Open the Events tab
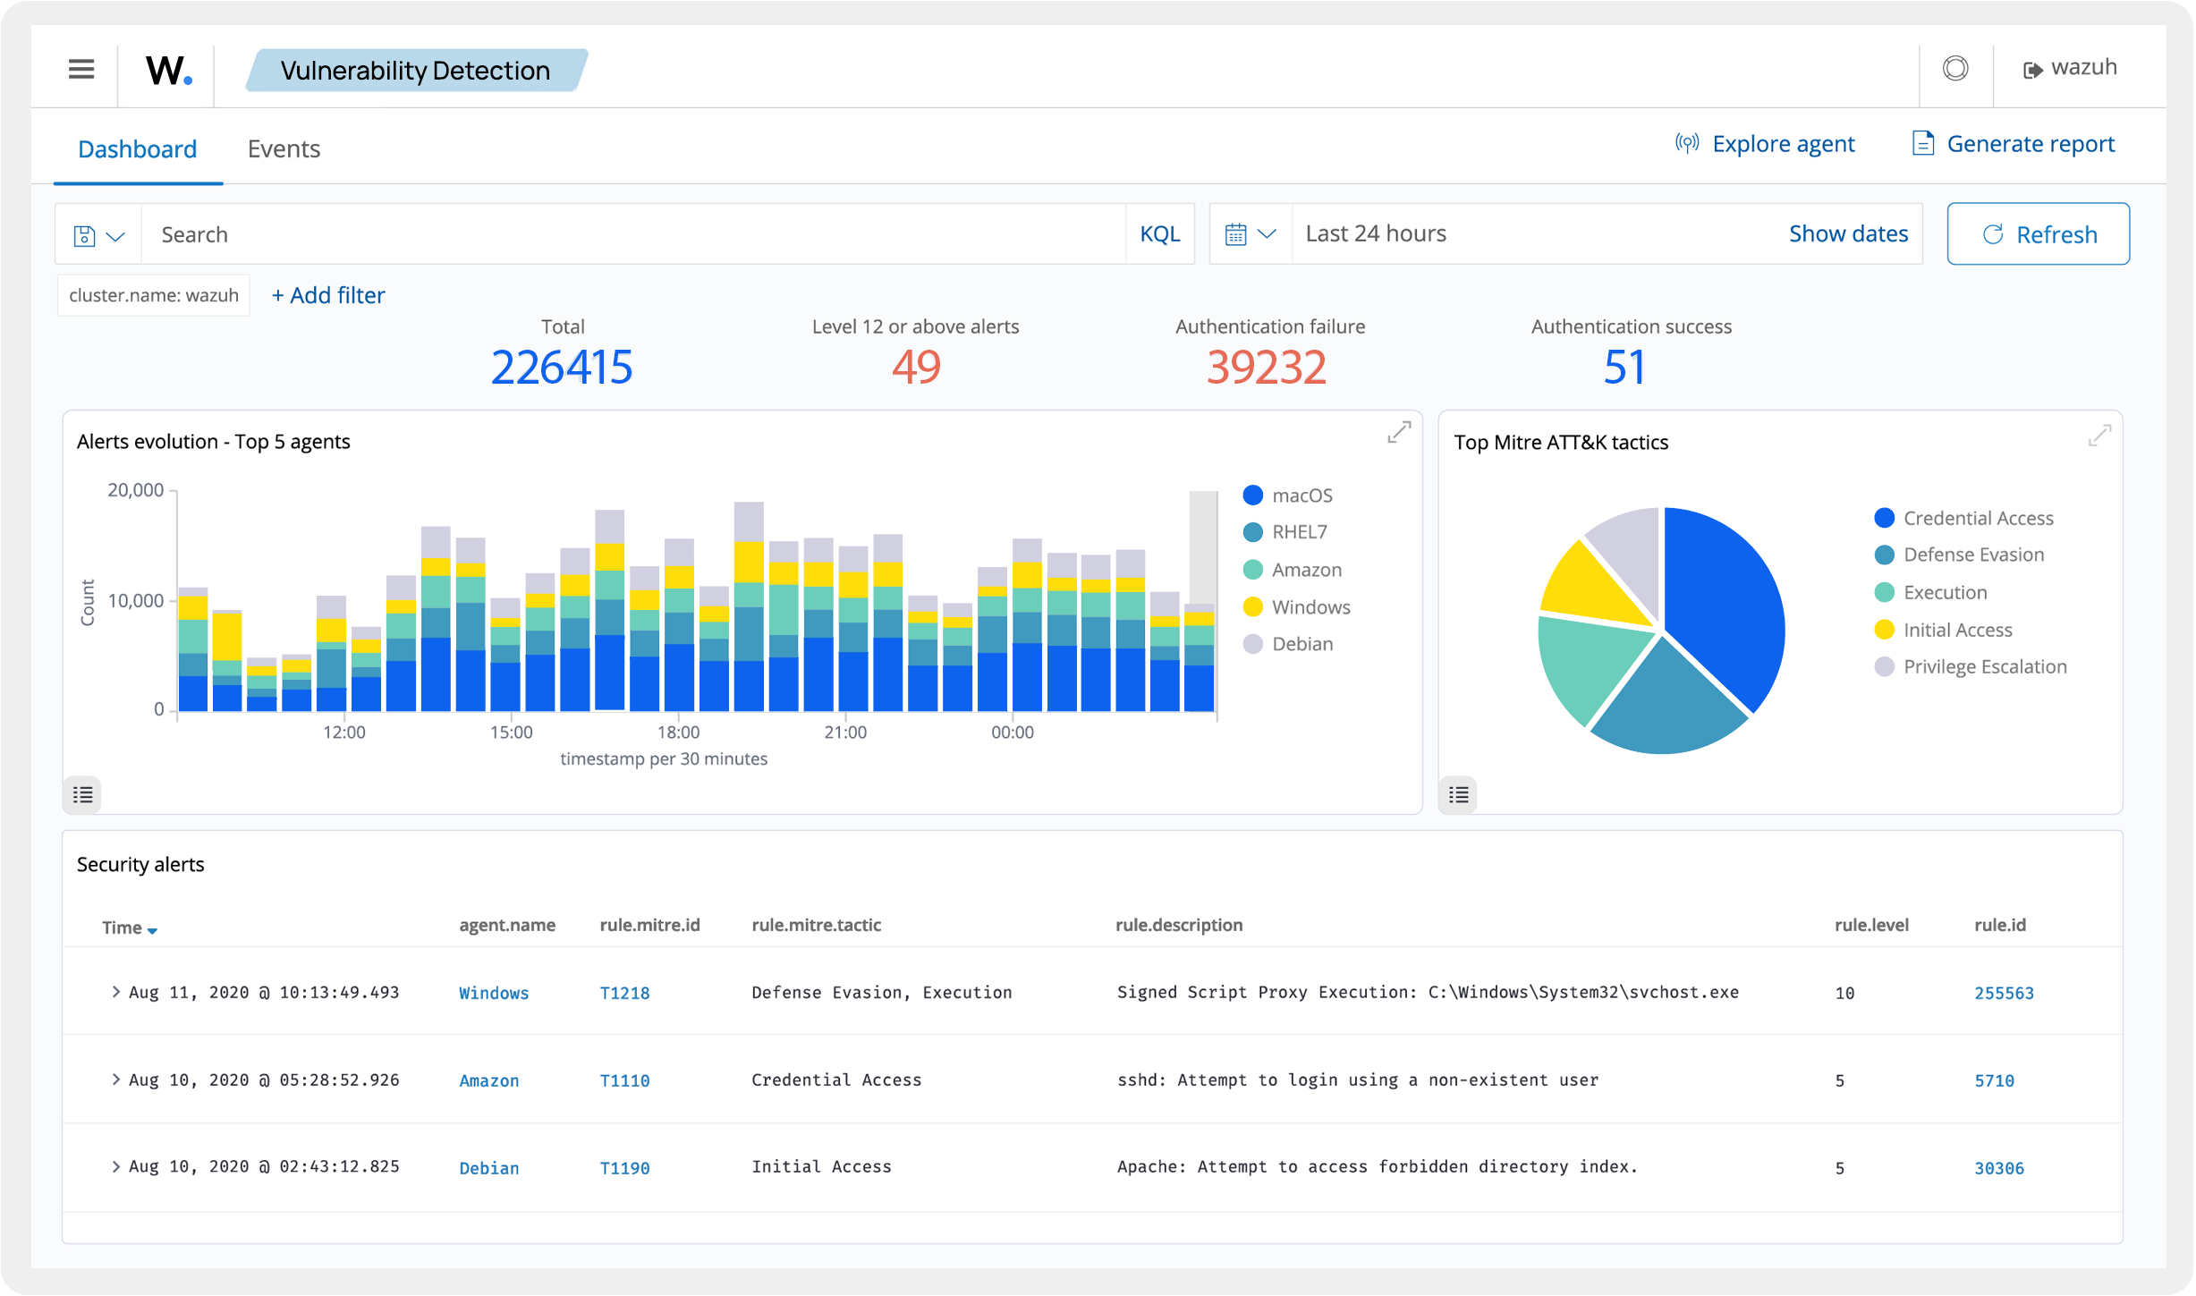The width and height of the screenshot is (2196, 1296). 284,148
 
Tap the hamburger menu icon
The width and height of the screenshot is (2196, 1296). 81,69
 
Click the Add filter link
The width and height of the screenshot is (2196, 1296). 328,295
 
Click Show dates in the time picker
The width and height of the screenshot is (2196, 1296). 1848,233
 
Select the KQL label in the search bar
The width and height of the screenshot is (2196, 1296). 1159,234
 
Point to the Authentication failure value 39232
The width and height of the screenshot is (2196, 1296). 1266,368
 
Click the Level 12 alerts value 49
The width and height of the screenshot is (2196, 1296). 916,368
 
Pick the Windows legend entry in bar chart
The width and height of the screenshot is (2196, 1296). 1310,607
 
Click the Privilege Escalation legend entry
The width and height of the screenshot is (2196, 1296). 1984,667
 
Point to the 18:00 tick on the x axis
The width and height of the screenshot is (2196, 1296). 678,733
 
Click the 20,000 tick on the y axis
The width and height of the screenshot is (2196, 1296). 136,490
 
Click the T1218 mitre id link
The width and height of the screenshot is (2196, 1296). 624,993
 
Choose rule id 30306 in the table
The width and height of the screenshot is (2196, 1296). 1998,1168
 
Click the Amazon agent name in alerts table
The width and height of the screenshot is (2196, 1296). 488,1080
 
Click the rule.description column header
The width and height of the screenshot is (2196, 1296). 1178,925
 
